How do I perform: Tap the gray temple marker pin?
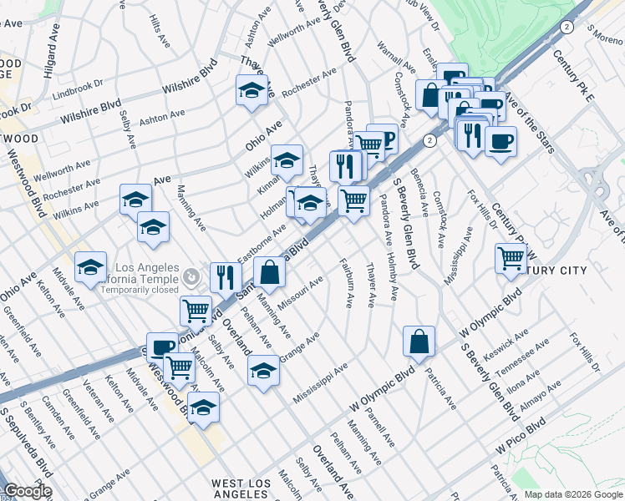pos(191,275)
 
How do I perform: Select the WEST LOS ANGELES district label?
pos(240,488)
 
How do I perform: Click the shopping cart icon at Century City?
pos(511,257)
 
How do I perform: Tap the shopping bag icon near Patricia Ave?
pos(419,340)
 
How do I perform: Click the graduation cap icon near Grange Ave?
pos(263,369)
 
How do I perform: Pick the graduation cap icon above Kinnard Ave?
pos(287,159)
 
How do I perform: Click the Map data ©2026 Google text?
pos(573,494)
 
